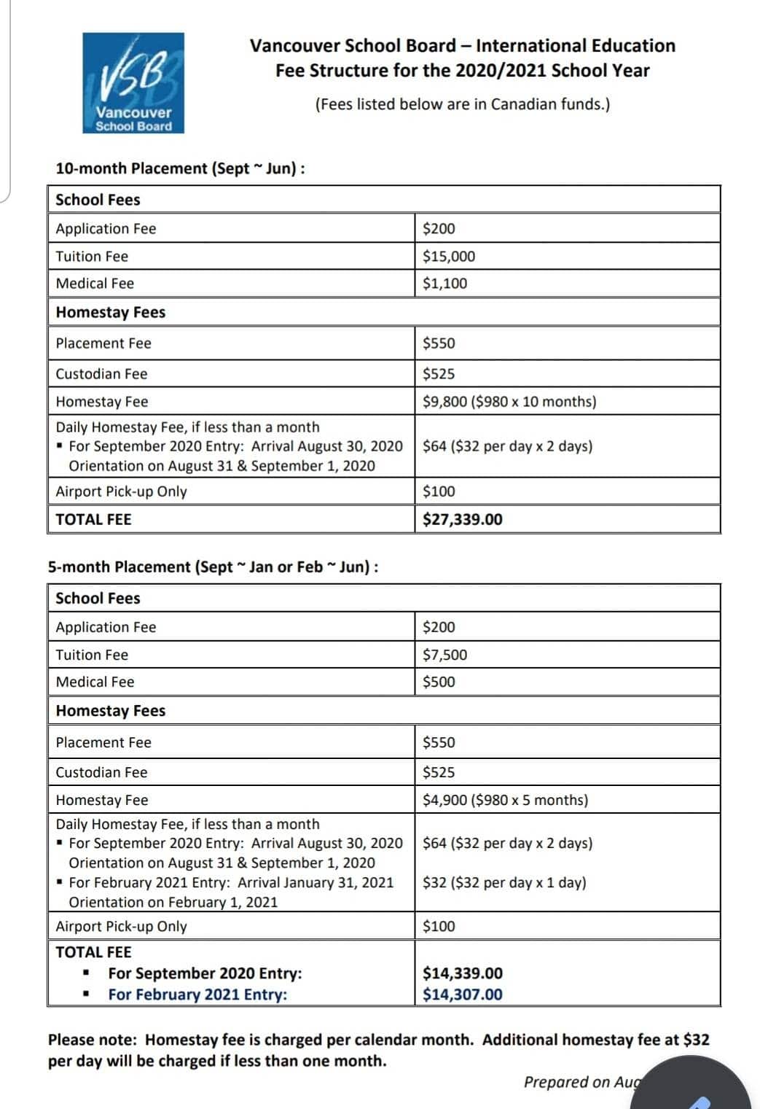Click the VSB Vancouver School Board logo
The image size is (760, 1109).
click(133, 83)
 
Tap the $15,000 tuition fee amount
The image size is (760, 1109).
click(449, 256)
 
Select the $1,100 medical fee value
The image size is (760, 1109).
click(445, 283)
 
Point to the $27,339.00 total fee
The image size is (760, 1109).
click(463, 519)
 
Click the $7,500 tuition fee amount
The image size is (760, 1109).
click(445, 654)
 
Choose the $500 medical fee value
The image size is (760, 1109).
click(439, 682)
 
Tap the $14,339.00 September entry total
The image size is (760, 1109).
click(463, 973)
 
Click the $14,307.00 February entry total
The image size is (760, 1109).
click(463, 994)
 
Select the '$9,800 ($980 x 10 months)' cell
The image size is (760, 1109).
click(509, 401)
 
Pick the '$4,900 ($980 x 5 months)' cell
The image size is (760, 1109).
click(505, 800)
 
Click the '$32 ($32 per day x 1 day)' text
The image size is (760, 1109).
click(504, 882)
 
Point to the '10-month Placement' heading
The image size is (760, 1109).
click(180, 168)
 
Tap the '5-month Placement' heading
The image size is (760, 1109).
click(213, 567)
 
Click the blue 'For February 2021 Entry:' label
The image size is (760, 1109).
click(197, 994)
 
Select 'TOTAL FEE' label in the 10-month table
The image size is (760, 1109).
click(93, 519)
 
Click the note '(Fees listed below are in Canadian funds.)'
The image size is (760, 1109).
click(463, 104)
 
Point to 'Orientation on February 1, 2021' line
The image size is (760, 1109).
click(173, 902)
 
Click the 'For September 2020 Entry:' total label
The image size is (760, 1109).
click(205, 973)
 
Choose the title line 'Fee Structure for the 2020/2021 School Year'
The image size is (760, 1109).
click(463, 71)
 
